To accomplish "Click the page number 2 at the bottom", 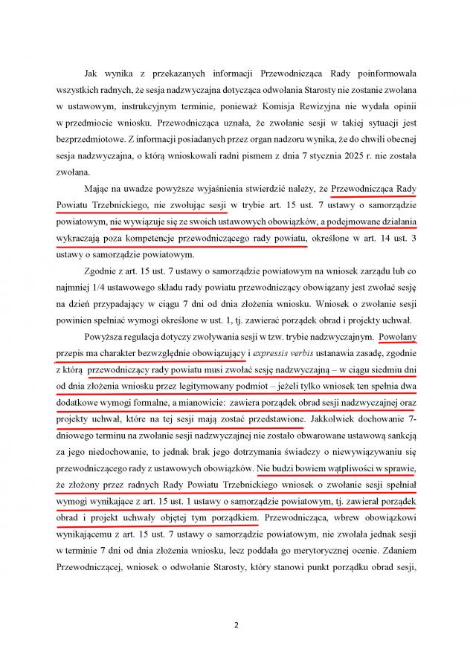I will coord(236,624).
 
